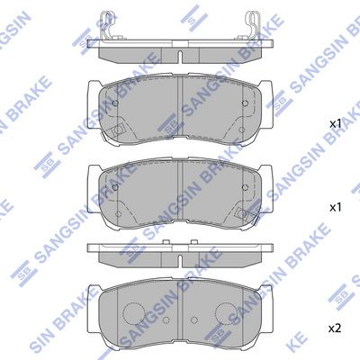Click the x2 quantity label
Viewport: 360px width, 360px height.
(335, 329)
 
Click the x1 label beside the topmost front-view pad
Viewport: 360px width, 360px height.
(336, 124)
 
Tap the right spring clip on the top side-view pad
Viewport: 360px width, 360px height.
(251, 25)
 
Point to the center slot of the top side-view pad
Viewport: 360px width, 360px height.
(180, 57)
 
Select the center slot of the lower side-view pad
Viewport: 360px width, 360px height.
(180, 261)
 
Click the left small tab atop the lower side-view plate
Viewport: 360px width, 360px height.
(165, 242)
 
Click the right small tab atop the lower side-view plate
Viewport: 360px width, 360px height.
(194, 242)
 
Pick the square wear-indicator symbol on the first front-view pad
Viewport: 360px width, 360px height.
(117, 130)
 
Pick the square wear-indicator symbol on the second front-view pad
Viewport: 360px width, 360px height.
(242, 213)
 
